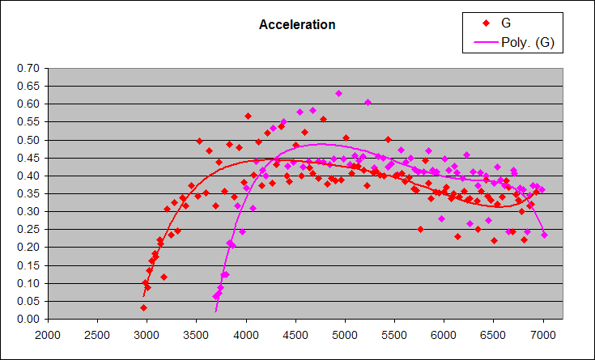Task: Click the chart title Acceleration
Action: (297, 25)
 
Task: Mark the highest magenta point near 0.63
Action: (338, 93)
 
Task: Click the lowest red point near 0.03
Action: (143, 307)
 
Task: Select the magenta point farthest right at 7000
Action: (544, 235)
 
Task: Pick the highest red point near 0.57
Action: (248, 116)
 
